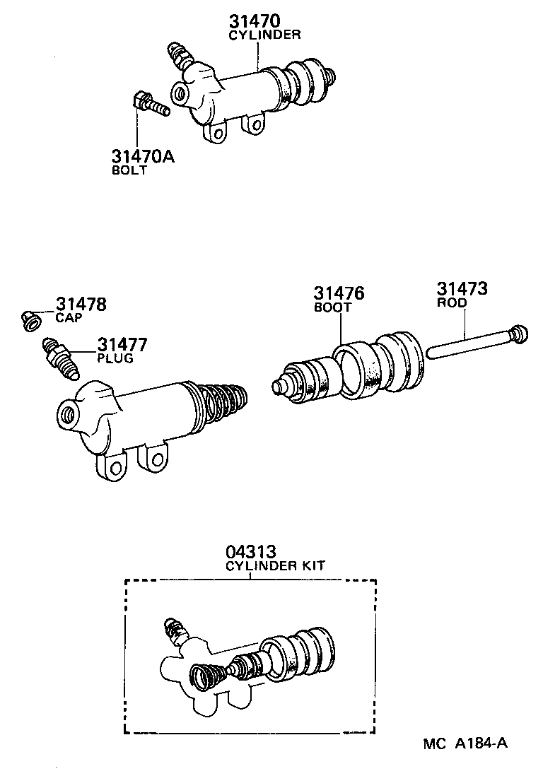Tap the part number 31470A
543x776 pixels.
pyautogui.click(x=141, y=156)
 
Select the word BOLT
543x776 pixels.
pyautogui.click(x=129, y=170)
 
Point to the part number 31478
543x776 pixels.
pyautogui.click(x=81, y=305)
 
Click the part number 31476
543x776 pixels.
pyautogui.click(x=339, y=293)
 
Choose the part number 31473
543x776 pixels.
pyautogui.click(x=462, y=288)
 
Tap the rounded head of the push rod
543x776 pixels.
pyautogui.click(x=520, y=333)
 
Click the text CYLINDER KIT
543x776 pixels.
pyautogui.click(x=275, y=566)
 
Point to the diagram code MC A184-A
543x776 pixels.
pyautogui.click(x=466, y=743)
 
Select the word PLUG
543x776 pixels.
pyautogui.click(x=115, y=358)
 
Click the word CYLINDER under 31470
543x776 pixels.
pyautogui.click(x=264, y=34)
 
